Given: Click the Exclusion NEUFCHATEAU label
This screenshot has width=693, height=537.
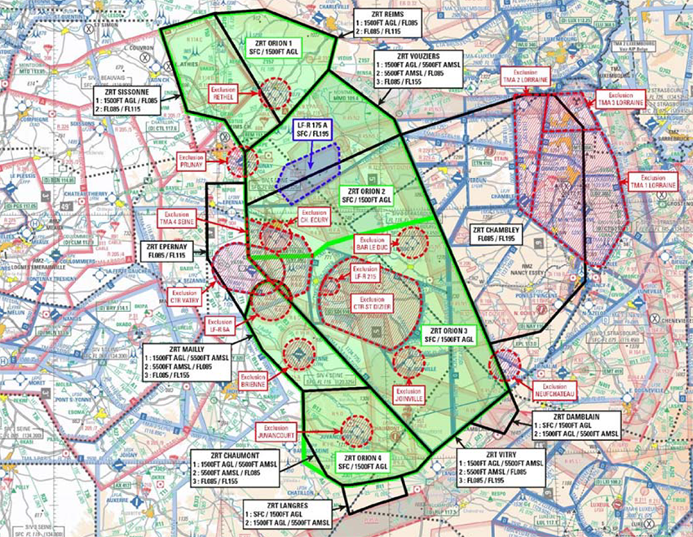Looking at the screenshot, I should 557,389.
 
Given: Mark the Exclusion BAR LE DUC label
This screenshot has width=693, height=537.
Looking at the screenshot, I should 372,244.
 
